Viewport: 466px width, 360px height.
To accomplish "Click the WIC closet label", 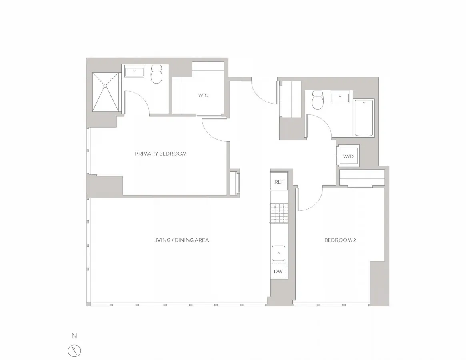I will [x=203, y=96].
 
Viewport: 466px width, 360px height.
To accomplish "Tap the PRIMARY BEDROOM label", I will [x=160, y=154].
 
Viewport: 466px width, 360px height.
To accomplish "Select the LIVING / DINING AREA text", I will [x=181, y=240].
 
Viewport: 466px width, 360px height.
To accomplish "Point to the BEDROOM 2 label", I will [x=340, y=240].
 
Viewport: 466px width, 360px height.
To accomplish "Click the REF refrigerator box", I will [x=279, y=182].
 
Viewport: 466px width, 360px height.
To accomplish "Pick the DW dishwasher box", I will [x=278, y=271].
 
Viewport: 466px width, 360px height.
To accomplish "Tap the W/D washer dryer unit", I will [x=348, y=156].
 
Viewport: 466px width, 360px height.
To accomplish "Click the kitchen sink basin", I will [x=278, y=253].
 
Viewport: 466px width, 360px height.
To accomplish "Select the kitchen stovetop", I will [x=279, y=213].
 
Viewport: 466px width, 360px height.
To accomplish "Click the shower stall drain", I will [x=106, y=85].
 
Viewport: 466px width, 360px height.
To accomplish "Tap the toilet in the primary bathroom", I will [x=156, y=75].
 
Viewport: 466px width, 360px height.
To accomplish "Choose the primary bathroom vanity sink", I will [x=135, y=72].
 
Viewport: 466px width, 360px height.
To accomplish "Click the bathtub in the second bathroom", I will [x=364, y=118].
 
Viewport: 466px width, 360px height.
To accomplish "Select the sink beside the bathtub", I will [x=340, y=96].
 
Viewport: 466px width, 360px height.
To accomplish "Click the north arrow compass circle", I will [x=74, y=351].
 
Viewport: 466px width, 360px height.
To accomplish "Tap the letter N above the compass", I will [x=74, y=336].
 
